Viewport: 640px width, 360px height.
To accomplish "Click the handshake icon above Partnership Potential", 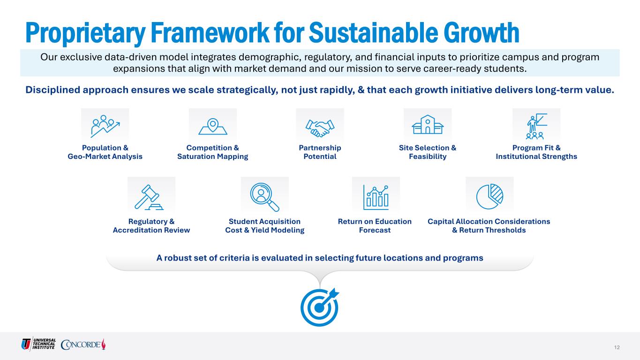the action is click(320, 128).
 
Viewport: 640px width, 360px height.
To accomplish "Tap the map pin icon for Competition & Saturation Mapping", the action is click(212, 127).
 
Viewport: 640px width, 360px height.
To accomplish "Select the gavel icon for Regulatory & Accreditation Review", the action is click(149, 197).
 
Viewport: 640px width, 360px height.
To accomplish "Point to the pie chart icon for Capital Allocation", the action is click(489, 196).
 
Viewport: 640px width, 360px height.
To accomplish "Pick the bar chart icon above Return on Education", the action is click(376, 197).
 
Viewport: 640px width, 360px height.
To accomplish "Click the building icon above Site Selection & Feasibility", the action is click(428, 125).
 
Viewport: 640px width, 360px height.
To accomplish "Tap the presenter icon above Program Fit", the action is click(536, 126).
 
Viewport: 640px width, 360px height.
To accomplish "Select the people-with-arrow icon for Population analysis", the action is click(105, 126).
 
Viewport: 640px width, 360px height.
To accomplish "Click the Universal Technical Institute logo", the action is click(38, 344).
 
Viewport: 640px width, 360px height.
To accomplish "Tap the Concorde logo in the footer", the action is click(83, 344).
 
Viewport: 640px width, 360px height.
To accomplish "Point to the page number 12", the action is click(617, 347).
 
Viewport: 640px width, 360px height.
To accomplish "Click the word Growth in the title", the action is click(481, 33).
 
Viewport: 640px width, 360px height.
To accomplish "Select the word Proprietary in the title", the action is click(85, 34).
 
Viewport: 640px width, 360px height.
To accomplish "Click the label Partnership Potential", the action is click(320, 152).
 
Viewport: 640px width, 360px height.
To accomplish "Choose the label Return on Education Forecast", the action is click(375, 226).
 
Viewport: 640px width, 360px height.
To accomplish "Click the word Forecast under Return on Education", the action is click(375, 230).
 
